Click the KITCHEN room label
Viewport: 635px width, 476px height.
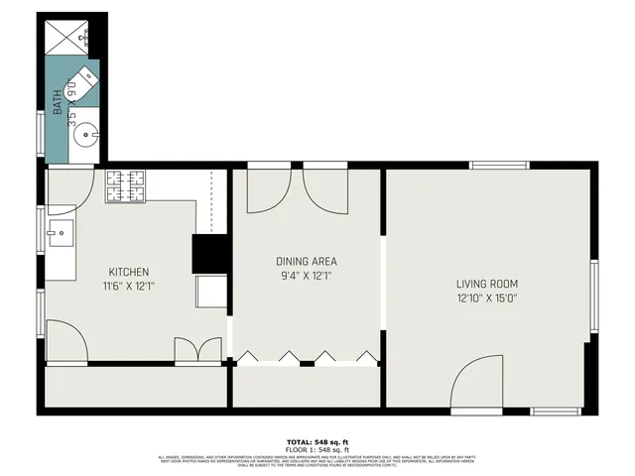point(129,272)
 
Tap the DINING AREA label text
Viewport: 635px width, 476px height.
point(306,262)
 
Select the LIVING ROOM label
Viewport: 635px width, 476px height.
point(487,283)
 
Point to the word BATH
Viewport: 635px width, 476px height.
point(59,102)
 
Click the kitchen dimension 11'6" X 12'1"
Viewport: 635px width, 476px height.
point(129,286)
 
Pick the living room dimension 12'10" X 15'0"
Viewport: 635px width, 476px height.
point(487,297)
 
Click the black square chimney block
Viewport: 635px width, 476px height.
point(210,253)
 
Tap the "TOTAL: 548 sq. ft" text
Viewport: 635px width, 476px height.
point(317,441)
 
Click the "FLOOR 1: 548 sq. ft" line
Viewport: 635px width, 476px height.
point(317,449)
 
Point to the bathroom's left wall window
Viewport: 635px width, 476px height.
point(41,132)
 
